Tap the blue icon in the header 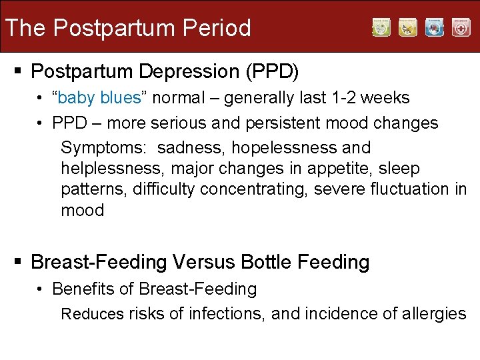point(435,28)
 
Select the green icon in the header point(381,28)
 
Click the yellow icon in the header point(408,28)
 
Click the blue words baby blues point(99,98)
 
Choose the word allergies point(433,313)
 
